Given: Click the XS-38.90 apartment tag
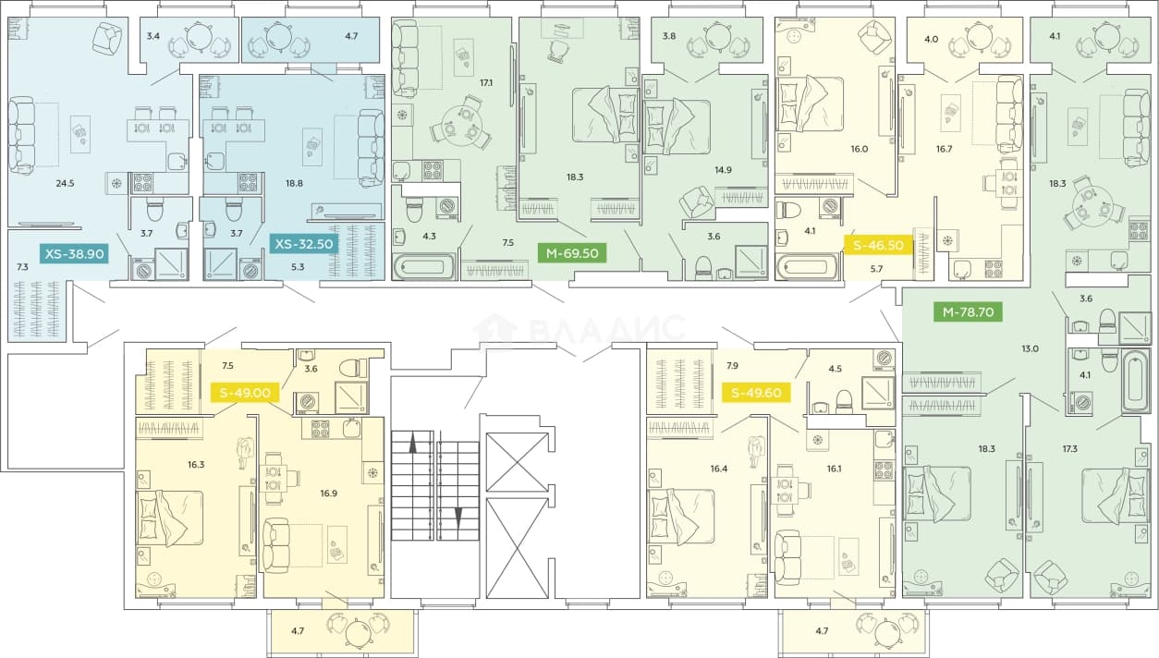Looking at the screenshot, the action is click(75, 254).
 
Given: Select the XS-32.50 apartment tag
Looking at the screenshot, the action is click(304, 244).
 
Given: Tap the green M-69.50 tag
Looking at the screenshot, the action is click(572, 253).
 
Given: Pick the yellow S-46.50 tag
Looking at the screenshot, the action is click(878, 245).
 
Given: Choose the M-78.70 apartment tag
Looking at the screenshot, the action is click(968, 312).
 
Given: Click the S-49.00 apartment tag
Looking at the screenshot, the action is click(245, 393).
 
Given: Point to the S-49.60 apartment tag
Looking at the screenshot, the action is click(756, 393).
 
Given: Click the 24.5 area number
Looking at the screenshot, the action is click(66, 183).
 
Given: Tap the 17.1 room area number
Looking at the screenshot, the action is click(485, 83).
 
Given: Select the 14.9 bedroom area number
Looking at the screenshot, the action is click(723, 170).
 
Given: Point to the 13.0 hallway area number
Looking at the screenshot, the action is click(1030, 348).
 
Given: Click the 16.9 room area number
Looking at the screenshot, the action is click(328, 493).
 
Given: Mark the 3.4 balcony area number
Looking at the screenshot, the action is click(152, 36).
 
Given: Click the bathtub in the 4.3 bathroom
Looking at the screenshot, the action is click(423, 267).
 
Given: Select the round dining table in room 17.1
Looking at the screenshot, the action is click(461, 123).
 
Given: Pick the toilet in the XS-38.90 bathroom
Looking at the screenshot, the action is click(155, 211).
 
